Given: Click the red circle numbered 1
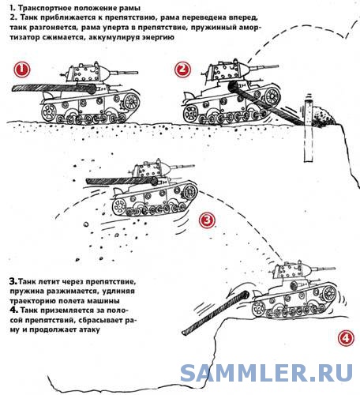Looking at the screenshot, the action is tap(22, 70).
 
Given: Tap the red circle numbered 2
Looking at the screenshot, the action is tap(182, 70).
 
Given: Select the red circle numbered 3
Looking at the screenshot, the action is tap(207, 220).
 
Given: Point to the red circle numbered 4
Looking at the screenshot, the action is tap(346, 338).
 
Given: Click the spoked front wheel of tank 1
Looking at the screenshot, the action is tap(131, 102).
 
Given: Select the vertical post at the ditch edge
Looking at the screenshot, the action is tap(309, 130).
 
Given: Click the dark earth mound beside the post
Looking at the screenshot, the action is tap(324, 117).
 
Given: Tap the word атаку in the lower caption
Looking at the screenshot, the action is tap(89, 329).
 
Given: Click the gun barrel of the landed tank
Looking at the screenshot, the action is tap(324, 269).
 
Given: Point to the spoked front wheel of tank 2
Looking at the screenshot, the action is tap(272, 96).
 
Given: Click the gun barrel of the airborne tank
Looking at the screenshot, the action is tap(182, 166).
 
